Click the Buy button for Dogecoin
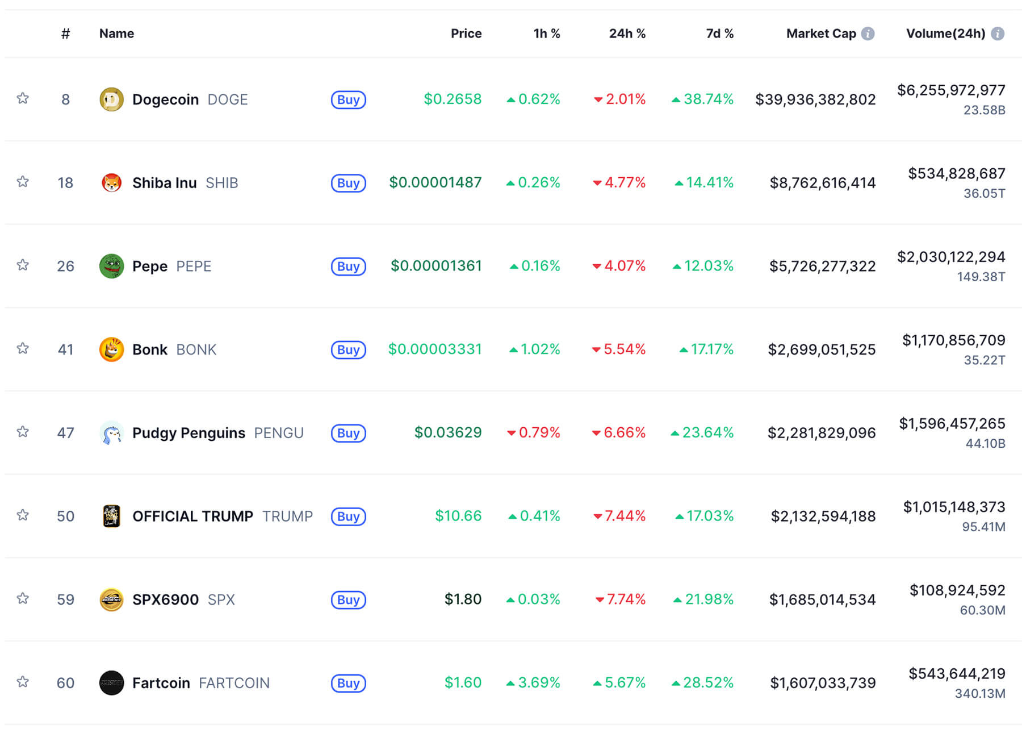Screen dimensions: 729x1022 [x=348, y=99]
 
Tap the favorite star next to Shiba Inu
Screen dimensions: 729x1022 [x=23, y=182]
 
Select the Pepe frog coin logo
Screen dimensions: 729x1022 [x=111, y=266]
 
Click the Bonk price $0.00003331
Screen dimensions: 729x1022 [x=434, y=349]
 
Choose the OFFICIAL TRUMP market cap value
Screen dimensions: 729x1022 [x=823, y=516]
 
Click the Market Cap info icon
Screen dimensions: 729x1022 [x=868, y=34]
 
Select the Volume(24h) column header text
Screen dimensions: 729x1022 [x=945, y=34]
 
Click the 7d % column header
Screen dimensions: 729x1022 [x=719, y=34]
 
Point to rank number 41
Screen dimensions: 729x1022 [x=65, y=349]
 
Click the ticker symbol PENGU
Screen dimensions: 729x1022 [x=278, y=433]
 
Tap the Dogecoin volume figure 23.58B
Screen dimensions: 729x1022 [x=984, y=110]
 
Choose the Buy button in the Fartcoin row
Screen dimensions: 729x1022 [x=348, y=683]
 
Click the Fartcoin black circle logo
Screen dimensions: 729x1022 [x=111, y=683]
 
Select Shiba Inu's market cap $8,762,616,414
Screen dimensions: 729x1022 [x=822, y=183]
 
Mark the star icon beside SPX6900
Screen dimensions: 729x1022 [x=23, y=598]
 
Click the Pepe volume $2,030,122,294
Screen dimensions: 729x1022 [x=950, y=257]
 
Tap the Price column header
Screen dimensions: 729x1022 [x=466, y=34]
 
